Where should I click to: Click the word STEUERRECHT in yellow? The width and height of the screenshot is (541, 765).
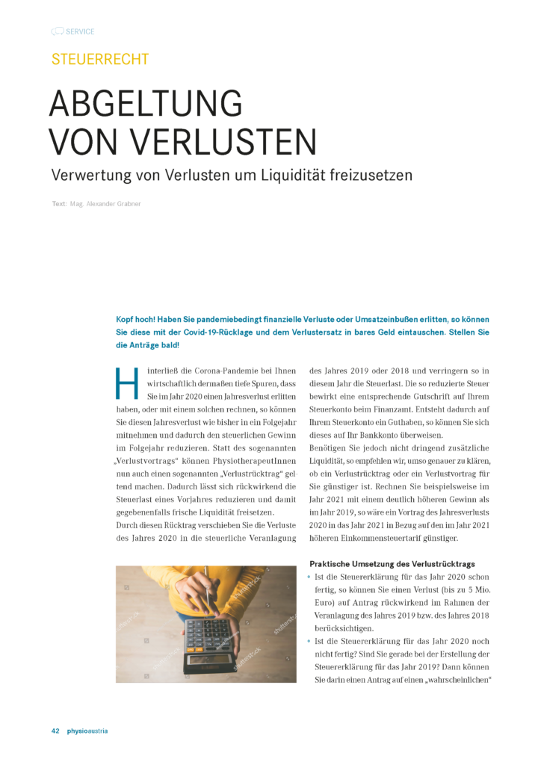(x=99, y=60)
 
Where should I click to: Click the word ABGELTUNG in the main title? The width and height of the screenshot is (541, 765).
(x=146, y=103)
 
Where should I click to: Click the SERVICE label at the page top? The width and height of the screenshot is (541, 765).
(x=80, y=31)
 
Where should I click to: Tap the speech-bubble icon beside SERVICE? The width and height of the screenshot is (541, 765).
(x=57, y=31)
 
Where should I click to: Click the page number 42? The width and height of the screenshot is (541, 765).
(x=55, y=731)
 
